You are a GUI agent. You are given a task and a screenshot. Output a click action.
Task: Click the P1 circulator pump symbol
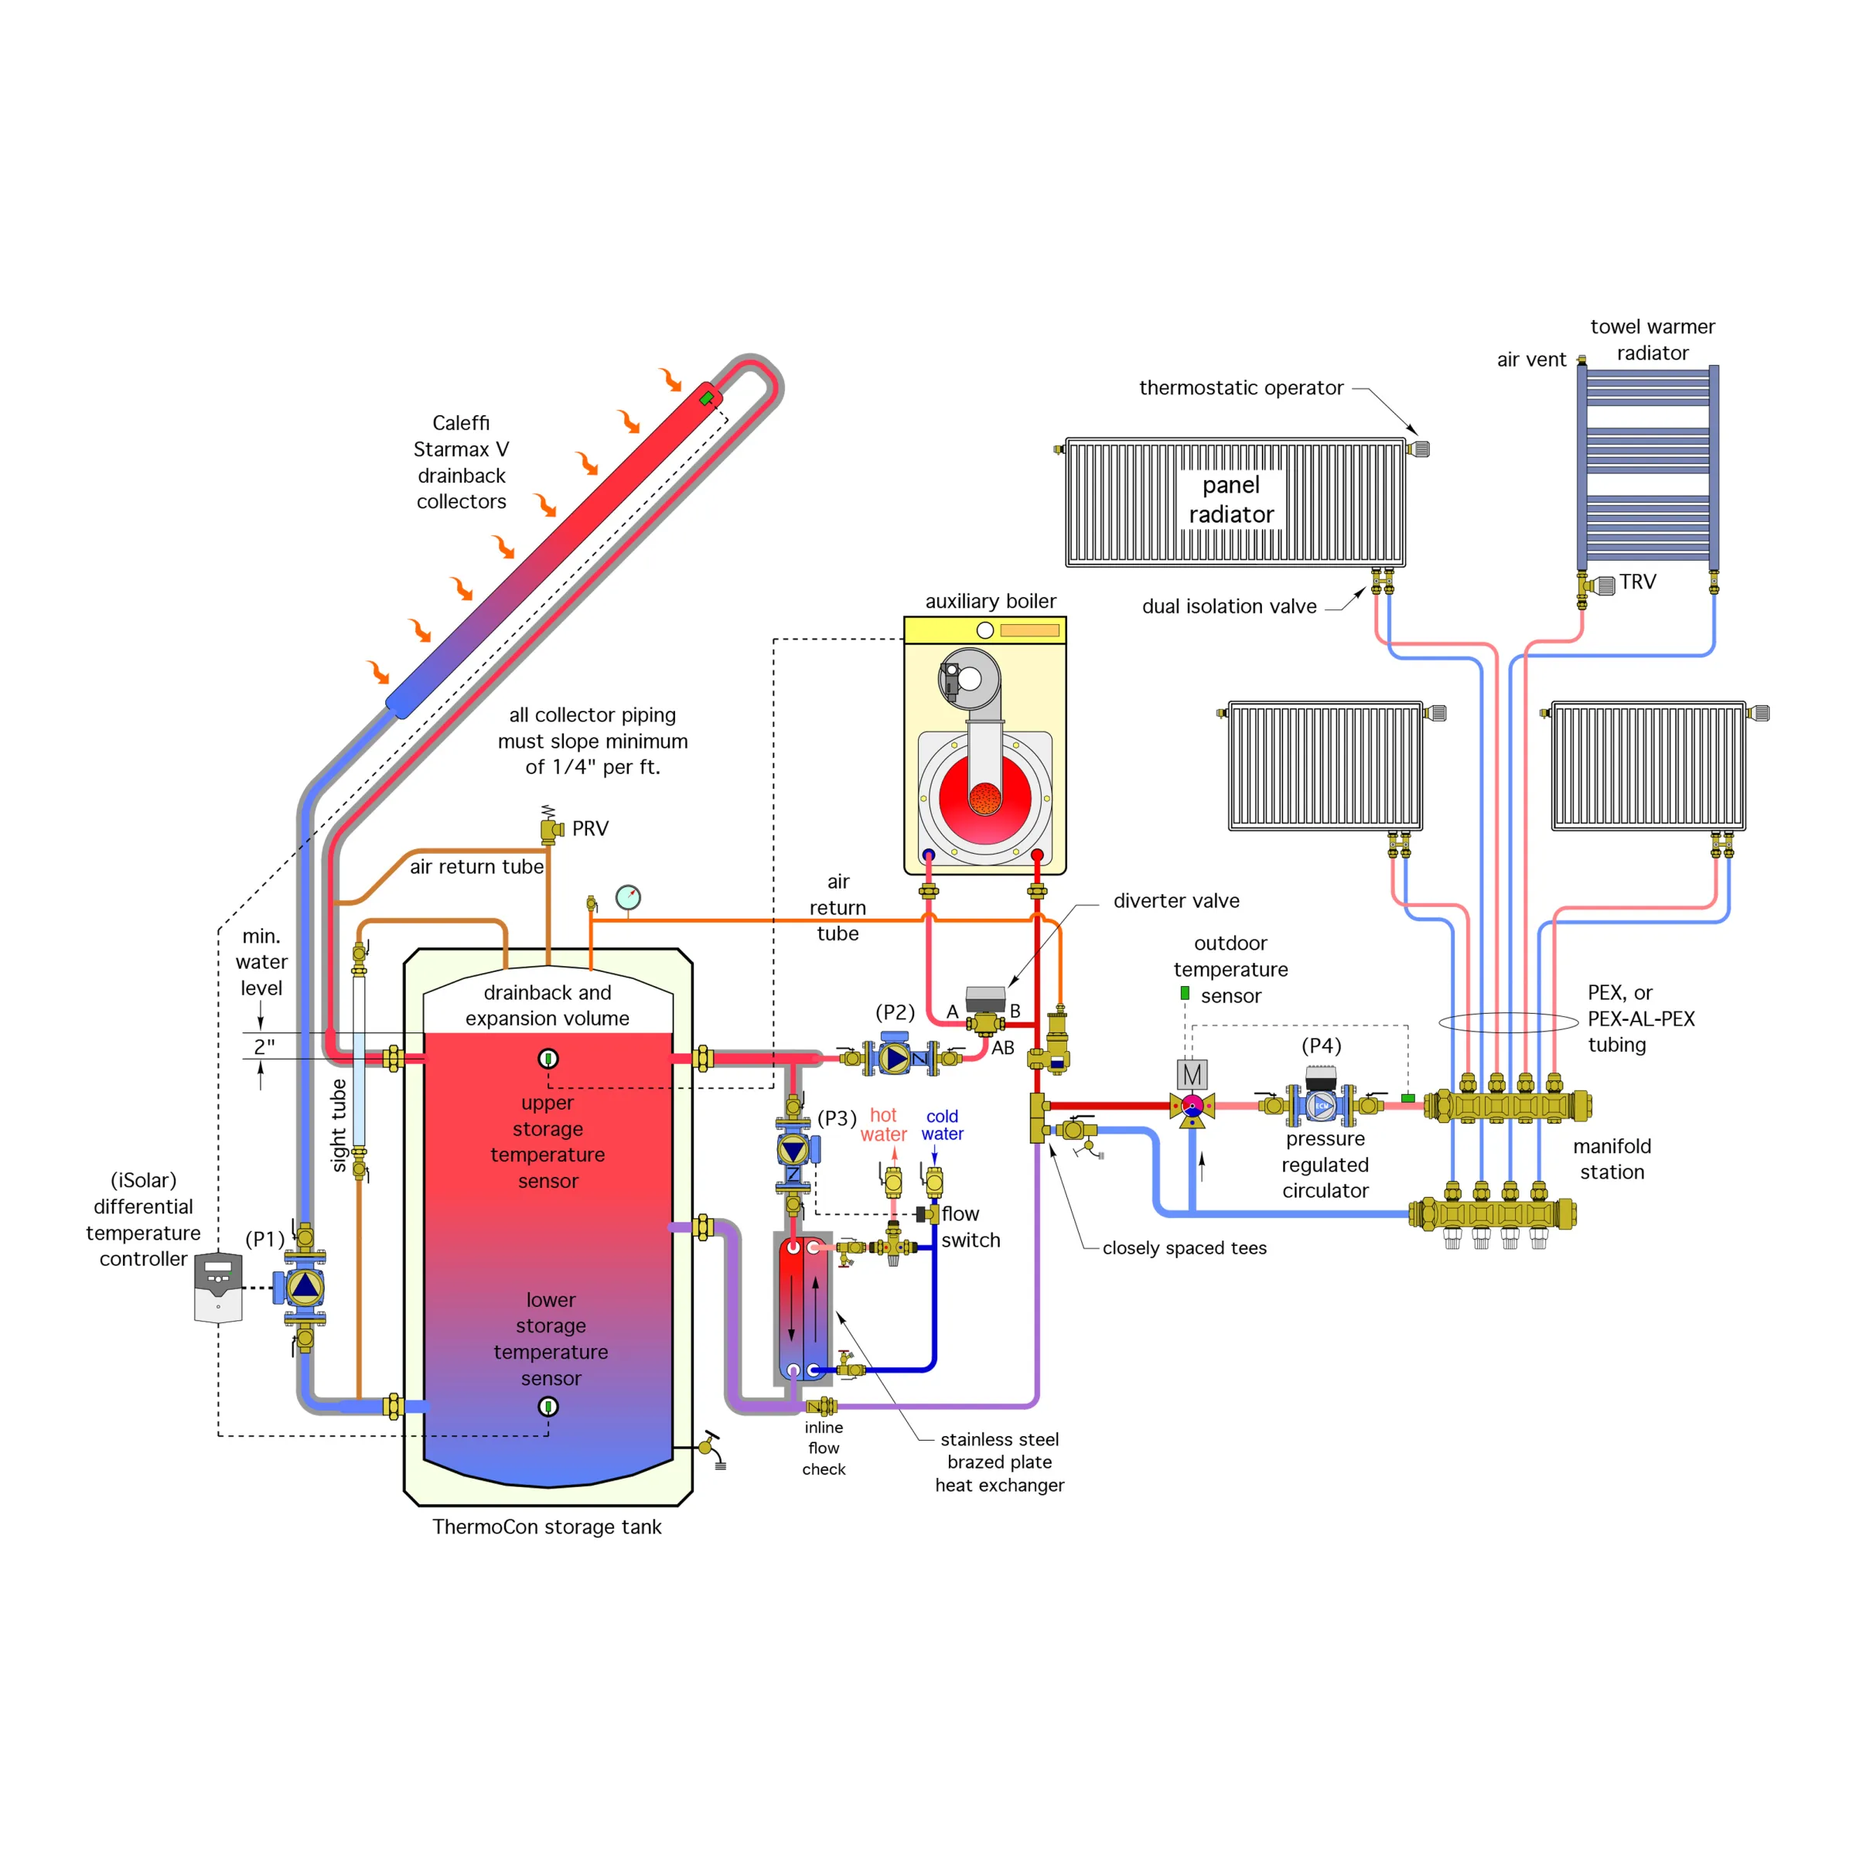[x=305, y=1288]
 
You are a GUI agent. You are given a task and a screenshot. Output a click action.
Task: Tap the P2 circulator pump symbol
[x=896, y=1058]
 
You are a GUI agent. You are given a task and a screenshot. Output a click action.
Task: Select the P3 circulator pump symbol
[x=793, y=1150]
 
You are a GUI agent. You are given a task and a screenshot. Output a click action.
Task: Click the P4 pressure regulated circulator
[x=1322, y=1105]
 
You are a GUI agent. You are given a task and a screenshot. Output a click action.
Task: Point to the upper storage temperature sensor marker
[x=548, y=1059]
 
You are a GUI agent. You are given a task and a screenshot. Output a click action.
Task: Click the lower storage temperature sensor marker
[x=548, y=1407]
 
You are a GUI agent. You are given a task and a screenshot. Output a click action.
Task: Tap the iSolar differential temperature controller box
[x=218, y=1288]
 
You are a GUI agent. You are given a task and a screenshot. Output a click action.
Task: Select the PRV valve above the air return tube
[x=551, y=829]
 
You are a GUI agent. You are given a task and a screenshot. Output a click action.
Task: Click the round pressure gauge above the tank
[x=628, y=897]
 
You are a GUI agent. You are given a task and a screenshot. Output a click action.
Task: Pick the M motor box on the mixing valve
[x=1192, y=1074]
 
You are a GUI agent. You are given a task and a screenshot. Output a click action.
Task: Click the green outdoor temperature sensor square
[x=1185, y=993]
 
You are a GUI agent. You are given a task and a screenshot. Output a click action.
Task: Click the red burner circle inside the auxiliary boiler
[x=984, y=797]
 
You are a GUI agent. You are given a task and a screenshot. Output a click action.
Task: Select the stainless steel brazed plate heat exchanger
[x=803, y=1308]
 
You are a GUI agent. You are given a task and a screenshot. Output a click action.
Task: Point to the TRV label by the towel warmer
[x=1637, y=582]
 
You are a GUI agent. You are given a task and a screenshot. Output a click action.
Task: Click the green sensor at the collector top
[x=706, y=397]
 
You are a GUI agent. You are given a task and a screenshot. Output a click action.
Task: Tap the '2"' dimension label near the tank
[x=264, y=1046]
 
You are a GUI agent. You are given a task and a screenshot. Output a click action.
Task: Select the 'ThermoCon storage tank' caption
[x=547, y=1527]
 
